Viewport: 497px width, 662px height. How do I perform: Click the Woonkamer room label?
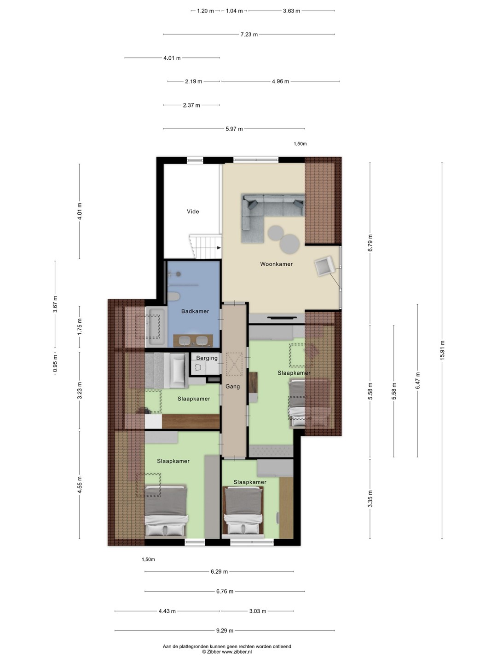(276, 264)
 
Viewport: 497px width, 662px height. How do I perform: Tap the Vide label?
(193, 211)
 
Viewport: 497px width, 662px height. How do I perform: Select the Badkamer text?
(195, 311)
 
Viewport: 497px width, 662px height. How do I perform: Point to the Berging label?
(207, 358)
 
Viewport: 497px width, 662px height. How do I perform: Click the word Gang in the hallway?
(233, 386)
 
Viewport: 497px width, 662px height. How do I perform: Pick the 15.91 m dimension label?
(442, 350)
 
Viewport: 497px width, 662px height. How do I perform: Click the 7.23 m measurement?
(249, 34)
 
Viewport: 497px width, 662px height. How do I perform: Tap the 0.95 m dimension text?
(55, 364)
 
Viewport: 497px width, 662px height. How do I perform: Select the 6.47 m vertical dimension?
(418, 381)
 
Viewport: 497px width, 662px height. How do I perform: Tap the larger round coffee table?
(290, 244)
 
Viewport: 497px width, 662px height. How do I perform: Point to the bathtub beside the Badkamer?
(155, 327)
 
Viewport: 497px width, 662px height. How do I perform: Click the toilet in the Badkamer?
(173, 297)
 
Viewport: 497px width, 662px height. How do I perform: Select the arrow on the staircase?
(219, 248)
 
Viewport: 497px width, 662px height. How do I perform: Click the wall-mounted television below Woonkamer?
(282, 317)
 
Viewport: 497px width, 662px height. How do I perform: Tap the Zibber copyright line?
(227, 652)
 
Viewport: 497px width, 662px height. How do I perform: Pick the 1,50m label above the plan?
(300, 144)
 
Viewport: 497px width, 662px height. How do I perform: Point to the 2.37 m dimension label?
(191, 105)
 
